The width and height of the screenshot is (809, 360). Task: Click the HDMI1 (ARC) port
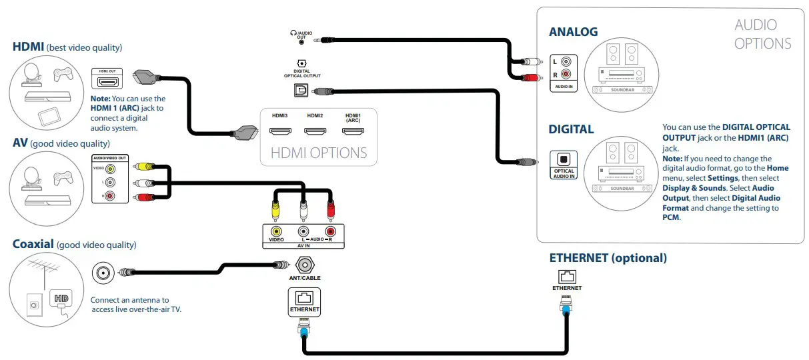click(353, 131)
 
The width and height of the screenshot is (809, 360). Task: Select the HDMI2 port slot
click(315, 131)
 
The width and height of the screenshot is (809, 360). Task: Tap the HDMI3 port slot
click(280, 131)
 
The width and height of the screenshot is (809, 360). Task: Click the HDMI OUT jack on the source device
click(107, 82)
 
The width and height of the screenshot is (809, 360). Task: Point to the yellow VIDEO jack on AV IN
click(276, 231)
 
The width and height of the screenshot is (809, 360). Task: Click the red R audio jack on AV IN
click(330, 231)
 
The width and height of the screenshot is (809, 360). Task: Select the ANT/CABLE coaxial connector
click(305, 265)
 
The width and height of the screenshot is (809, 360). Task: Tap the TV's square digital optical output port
click(301, 90)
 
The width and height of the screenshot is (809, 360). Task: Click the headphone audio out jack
click(301, 42)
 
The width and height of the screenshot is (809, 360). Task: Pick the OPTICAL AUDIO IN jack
click(564, 159)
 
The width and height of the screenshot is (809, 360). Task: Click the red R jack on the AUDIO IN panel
click(566, 75)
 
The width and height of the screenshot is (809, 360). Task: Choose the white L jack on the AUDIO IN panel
click(566, 61)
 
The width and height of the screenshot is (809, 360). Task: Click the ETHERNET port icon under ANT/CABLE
click(304, 298)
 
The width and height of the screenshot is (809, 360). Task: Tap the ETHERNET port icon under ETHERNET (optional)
click(567, 277)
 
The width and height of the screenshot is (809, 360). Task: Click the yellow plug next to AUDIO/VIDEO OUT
click(144, 167)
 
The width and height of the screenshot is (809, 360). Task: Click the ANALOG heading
click(573, 32)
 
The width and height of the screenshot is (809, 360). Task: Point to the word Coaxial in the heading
click(33, 244)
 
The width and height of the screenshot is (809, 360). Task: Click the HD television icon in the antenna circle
click(61, 299)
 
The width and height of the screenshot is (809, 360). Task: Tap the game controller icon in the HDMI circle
click(63, 75)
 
